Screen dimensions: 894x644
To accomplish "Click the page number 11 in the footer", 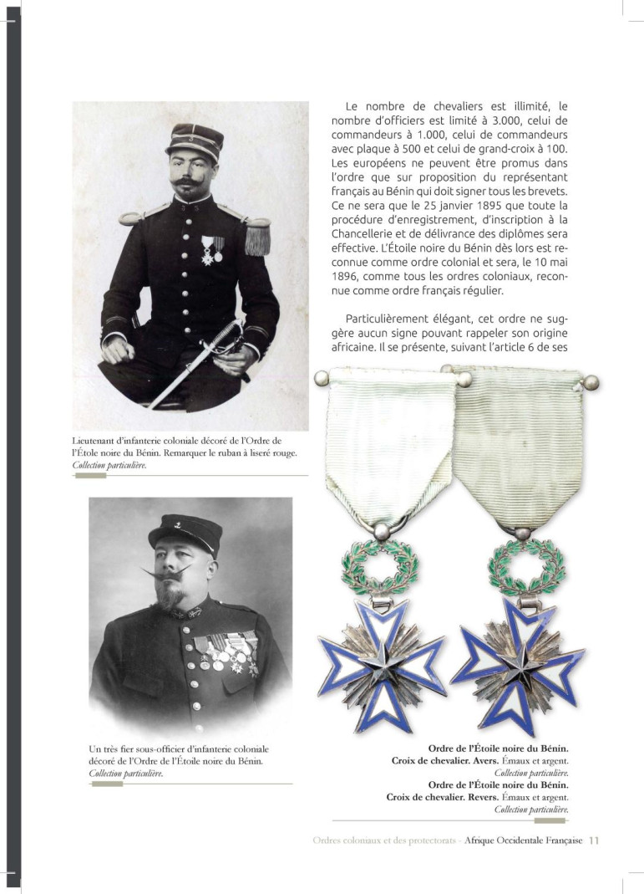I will coord(594,841).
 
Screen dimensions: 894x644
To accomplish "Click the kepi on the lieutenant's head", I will coord(195,141).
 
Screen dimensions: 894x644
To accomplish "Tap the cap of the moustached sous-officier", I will coord(185,533).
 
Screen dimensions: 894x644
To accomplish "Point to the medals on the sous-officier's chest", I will coord(226,652).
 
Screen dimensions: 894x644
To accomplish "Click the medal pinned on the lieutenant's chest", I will coord(207,248).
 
